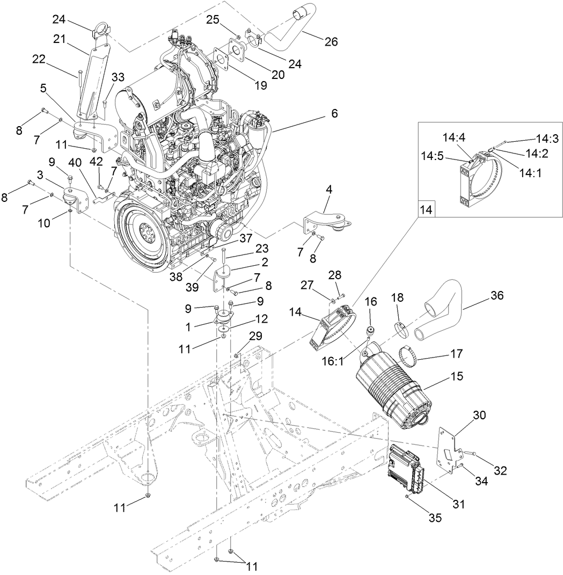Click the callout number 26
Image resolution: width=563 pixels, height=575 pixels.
coord(331,41)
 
